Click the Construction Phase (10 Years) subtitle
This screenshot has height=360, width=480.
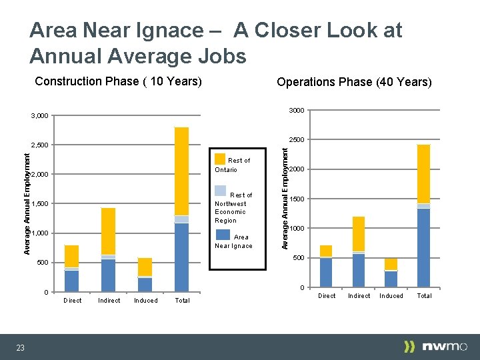(x=118, y=81)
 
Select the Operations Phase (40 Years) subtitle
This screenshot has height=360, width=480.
(x=354, y=82)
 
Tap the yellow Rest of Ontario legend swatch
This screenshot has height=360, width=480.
(x=220, y=159)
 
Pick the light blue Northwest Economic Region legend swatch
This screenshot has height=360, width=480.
(x=220, y=190)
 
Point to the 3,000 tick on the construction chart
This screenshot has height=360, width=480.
(x=39, y=116)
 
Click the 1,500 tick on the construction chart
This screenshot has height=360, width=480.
(x=39, y=204)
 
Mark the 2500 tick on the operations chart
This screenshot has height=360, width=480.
(x=297, y=140)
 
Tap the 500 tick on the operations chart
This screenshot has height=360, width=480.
(x=299, y=258)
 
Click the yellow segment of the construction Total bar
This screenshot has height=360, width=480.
(x=181, y=171)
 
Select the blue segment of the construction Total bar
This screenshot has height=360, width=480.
(x=181, y=257)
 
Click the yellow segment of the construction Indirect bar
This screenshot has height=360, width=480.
(x=109, y=231)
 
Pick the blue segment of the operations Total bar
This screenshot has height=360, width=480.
(x=424, y=247)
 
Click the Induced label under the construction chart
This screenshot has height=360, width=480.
(x=145, y=301)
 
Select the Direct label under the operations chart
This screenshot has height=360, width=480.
(x=327, y=296)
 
